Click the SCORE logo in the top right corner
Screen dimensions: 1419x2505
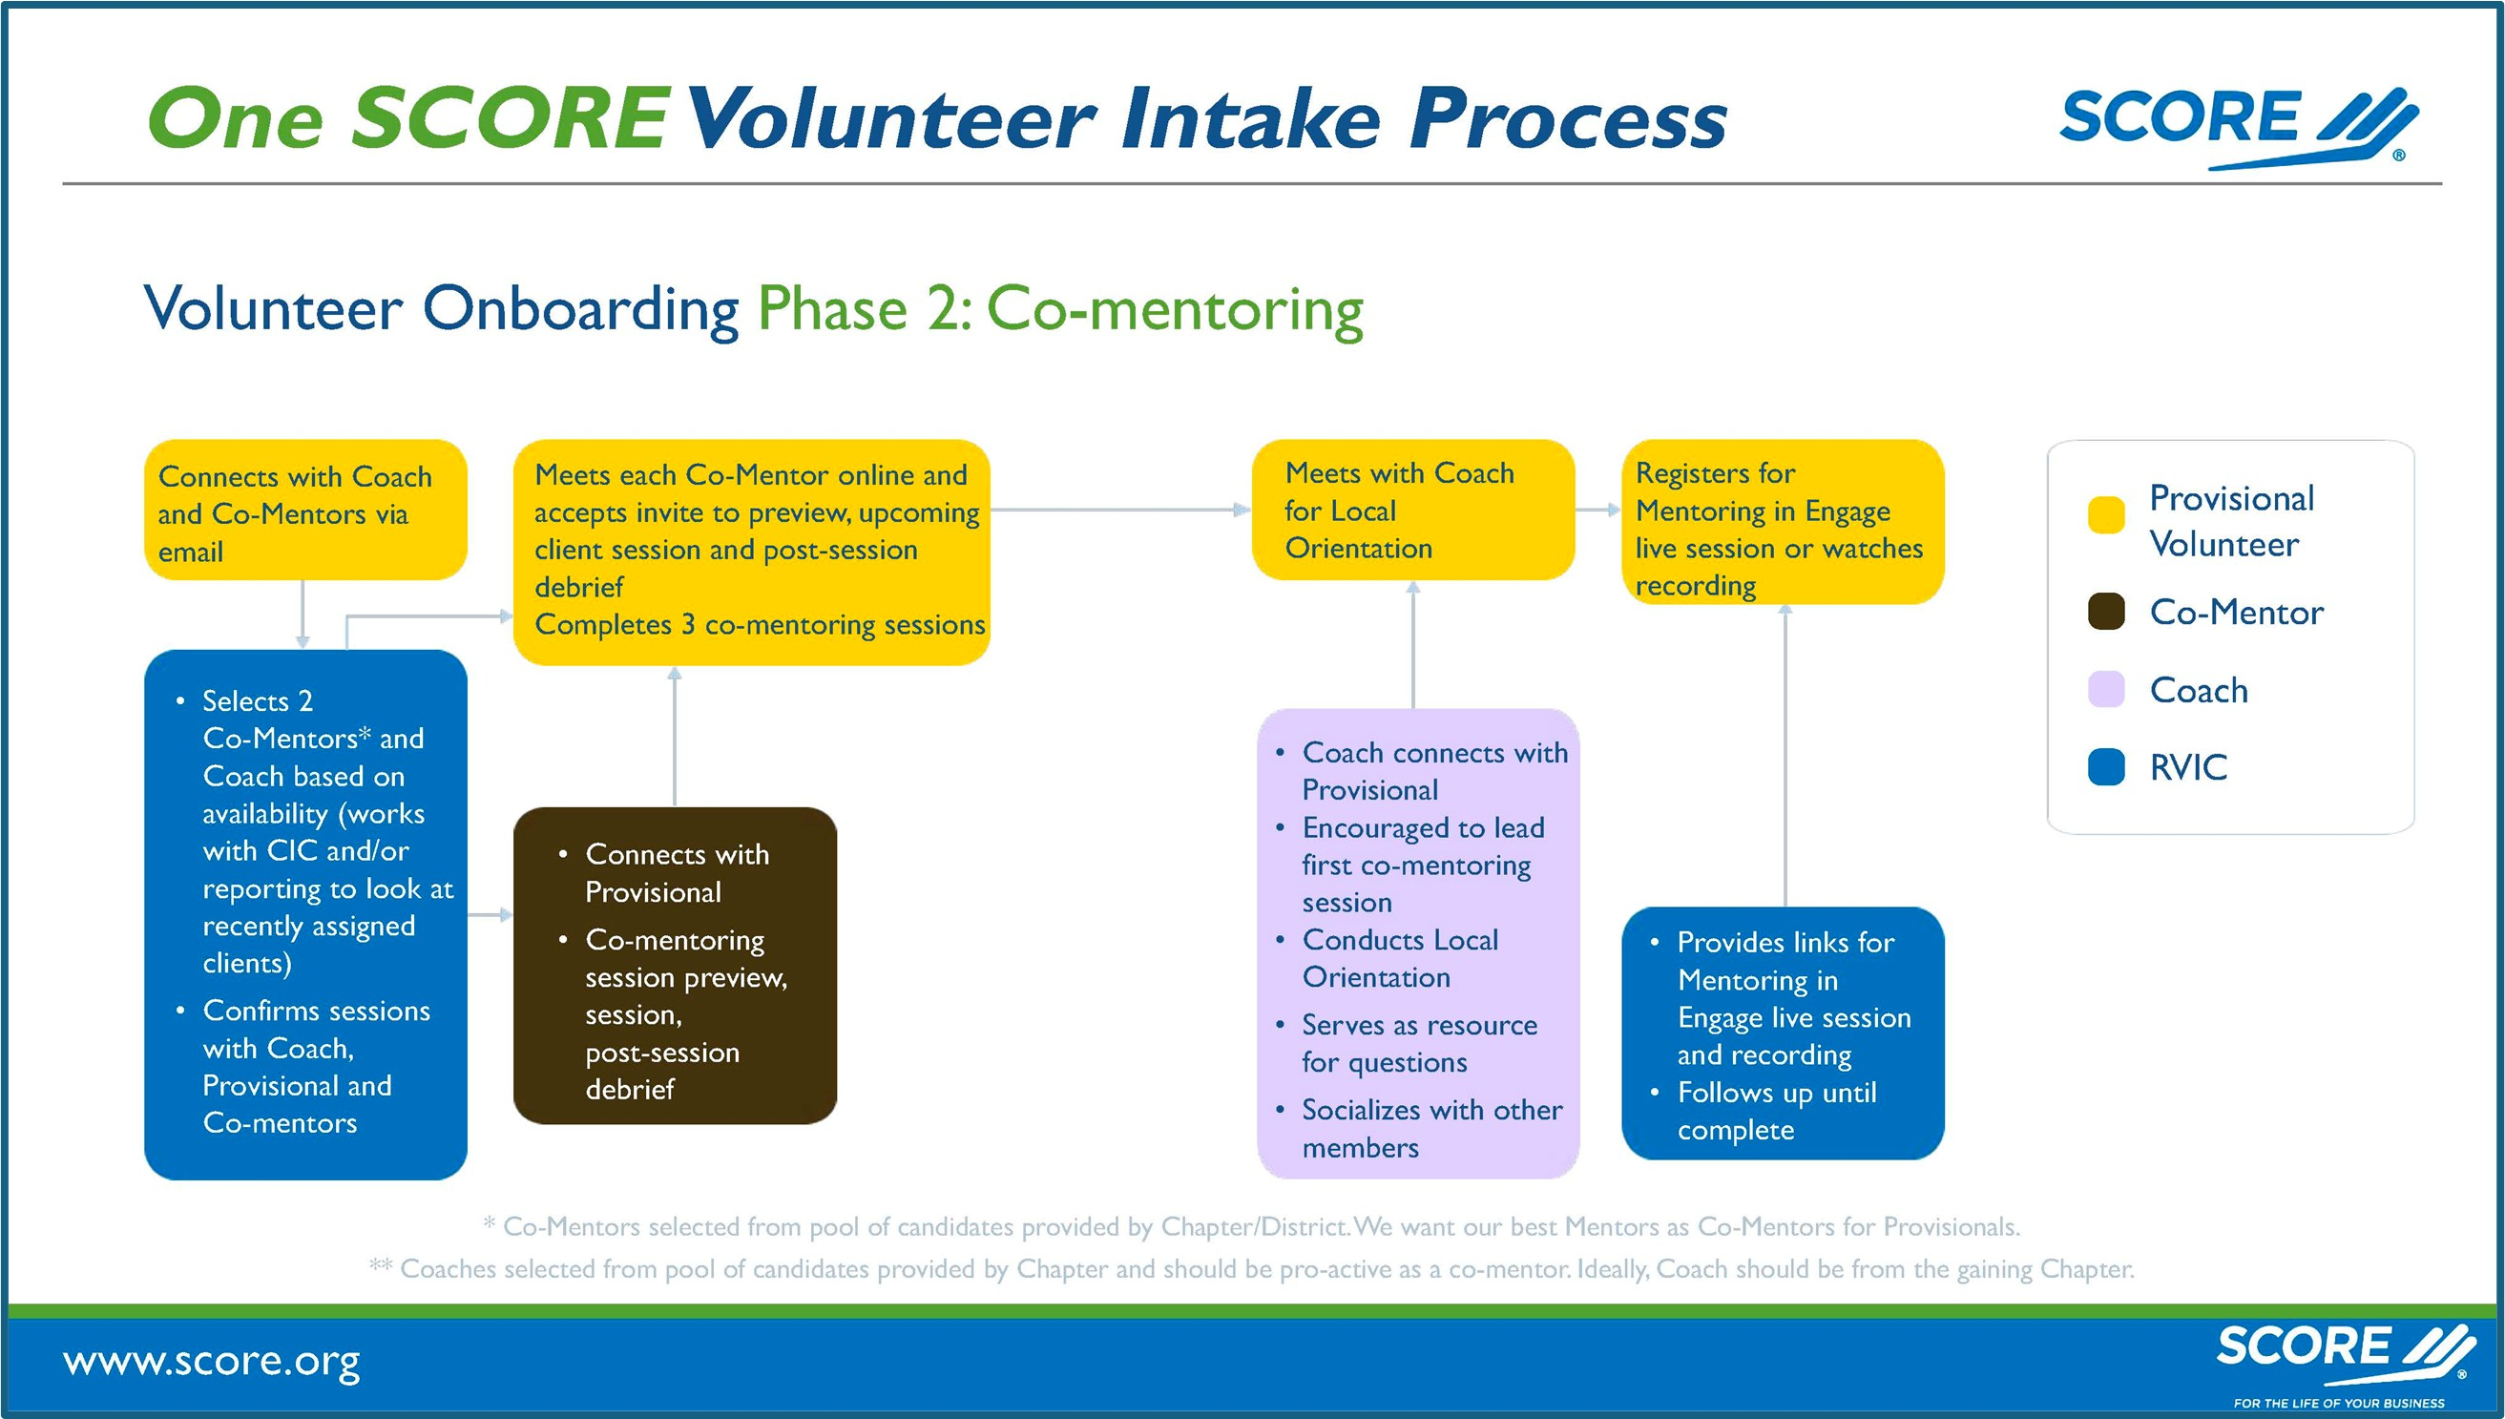[2237, 127]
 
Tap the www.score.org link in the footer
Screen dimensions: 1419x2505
[212, 1362]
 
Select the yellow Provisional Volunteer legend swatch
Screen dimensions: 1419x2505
[2105, 515]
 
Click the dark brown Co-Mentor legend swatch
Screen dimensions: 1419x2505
[2105, 612]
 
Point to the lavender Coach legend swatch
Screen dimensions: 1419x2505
[2105, 690]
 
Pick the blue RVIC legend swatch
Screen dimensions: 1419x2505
[2105, 767]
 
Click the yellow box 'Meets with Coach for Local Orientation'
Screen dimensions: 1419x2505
[1411, 510]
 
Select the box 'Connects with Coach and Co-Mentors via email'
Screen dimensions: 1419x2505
[305, 511]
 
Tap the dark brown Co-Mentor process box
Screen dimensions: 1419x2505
[675, 965]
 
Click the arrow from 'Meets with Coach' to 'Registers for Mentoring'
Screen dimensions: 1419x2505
[1597, 510]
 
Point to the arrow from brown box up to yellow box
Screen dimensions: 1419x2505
[675, 736]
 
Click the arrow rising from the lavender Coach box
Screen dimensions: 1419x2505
[1412, 643]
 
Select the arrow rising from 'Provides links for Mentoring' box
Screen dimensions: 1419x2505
[1785, 756]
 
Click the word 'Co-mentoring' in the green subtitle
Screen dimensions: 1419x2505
[1175, 310]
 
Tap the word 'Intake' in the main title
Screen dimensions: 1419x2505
[1250, 119]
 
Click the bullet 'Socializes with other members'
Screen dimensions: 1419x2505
[1430, 1129]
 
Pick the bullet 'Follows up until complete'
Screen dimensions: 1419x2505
[1775, 1111]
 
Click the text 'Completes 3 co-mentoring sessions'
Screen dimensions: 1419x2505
[759, 625]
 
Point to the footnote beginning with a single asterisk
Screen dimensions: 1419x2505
[1251, 1227]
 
